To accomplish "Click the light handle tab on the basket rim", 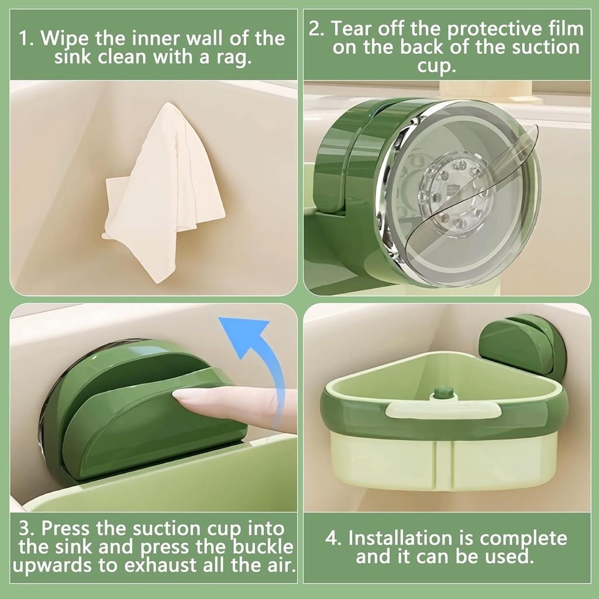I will point(443,410).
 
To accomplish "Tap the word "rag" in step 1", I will point(232,58).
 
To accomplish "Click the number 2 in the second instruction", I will point(316,29).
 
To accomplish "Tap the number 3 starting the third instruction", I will point(25,528).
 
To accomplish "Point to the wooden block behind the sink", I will point(486,89).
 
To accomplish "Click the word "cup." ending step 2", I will point(436,66).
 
